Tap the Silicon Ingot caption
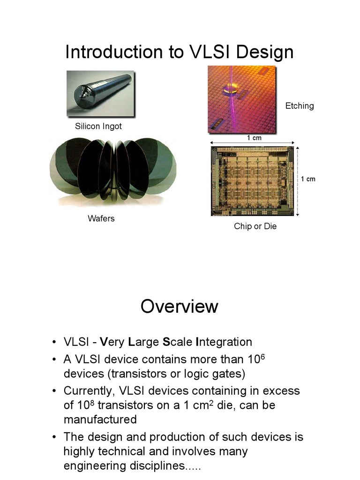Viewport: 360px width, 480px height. (98, 127)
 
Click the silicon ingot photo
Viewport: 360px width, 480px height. (100, 93)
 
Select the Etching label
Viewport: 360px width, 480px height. (300, 106)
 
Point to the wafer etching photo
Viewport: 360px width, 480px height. (241, 99)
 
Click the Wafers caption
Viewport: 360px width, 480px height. (101, 218)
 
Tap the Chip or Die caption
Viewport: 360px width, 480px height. (255, 226)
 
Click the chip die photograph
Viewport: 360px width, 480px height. (252, 180)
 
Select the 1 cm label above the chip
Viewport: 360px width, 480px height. (254, 138)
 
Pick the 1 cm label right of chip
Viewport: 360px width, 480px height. (308, 179)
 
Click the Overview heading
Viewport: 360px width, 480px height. (180, 307)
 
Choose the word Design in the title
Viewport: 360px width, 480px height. (265, 52)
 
